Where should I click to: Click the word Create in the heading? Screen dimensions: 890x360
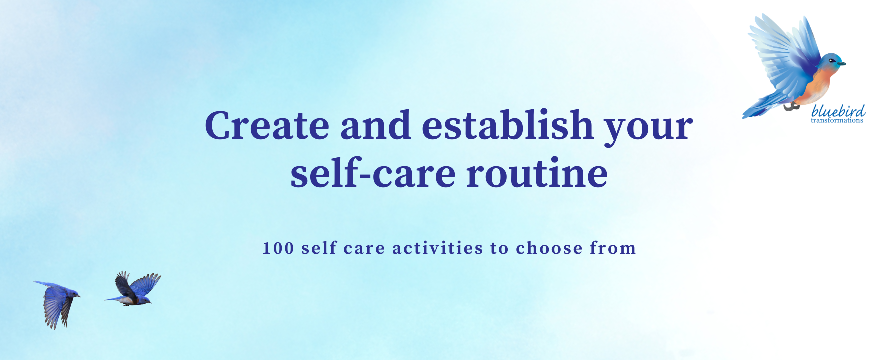(267, 125)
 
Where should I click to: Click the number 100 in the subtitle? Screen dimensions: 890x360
(278, 248)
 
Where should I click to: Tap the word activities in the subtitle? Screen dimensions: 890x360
(438, 248)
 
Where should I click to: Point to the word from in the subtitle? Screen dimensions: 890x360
(613, 248)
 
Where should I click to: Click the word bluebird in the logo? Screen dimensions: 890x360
(838, 110)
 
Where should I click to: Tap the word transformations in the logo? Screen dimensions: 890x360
(837, 120)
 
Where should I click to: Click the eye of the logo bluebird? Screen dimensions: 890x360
(831, 61)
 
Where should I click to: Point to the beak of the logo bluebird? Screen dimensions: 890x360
(842, 64)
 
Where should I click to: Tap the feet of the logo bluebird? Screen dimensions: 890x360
(792, 106)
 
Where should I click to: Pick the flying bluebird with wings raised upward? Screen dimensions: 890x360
(134, 289)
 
